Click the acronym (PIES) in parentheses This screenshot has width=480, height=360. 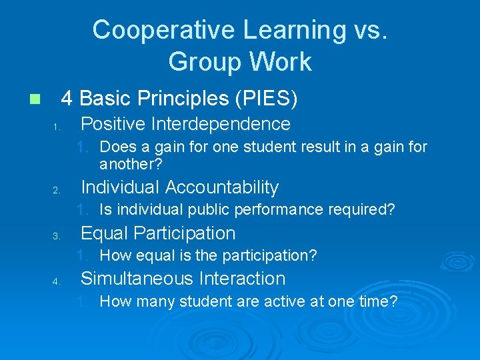pyautogui.click(x=267, y=99)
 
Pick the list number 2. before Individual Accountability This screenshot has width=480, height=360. pyautogui.click(x=57, y=191)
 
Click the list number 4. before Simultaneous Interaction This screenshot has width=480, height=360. pyautogui.click(x=57, y=281)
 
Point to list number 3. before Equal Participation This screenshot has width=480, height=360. pyautogui.click(x=57, y=236)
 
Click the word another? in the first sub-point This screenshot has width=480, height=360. pyautogui.click(x=131, y=164)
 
